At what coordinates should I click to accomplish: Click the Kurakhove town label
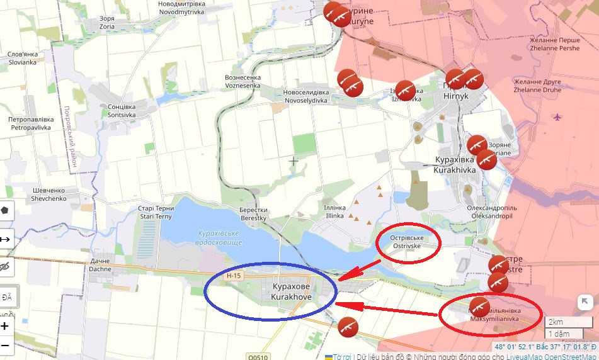pos(290,291)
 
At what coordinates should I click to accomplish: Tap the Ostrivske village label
pos(408,242)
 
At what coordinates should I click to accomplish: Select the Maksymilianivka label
pos(494,315)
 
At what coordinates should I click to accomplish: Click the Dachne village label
pos(100,265)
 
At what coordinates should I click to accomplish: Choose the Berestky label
pos(253,214)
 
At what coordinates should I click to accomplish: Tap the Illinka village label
pos(334,211)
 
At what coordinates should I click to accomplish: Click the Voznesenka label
pos(242,81)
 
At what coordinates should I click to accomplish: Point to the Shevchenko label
pos(48,194)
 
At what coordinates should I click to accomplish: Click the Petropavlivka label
pos(30,123)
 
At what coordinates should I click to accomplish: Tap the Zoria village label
pos(107,23)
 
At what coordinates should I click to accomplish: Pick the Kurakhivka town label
pos(455,165)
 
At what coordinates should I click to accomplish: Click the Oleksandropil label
pos(492,211)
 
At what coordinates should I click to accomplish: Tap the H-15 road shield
pos(234,276)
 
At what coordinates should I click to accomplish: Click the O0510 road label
pos(258,356)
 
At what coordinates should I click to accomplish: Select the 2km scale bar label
pos(556,322)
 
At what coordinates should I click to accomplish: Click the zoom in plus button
pos(5,326)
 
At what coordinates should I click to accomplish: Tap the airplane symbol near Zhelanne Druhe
pos(557,116)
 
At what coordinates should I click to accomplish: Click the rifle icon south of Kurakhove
pos(347,327)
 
